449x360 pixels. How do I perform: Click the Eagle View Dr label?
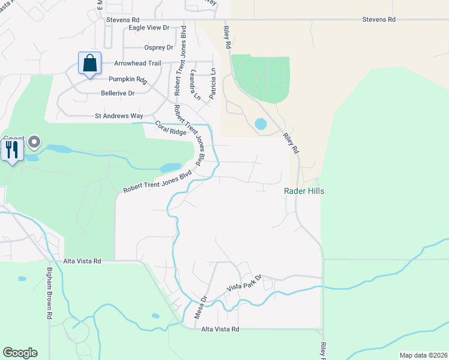tap(149, 28)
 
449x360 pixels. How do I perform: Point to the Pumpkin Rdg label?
tap(128, 79)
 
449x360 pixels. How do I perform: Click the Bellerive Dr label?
tap(118, 93)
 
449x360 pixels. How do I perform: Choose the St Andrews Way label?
tap(119, 115)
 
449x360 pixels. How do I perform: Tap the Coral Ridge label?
tap(171, 128)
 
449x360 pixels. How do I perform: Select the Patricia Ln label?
tap(212, 83)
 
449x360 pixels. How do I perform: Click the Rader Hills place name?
tap(304, 191)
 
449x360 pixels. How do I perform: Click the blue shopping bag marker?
tap(89, 63)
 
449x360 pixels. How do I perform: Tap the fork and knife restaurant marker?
tap(12, 149)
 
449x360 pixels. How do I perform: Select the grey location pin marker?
tap(34, 143)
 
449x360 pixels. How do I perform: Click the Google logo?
tap(20, 353)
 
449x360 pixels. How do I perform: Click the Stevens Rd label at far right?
tap(379, 20)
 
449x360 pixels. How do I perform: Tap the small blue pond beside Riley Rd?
tap(261, 124)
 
